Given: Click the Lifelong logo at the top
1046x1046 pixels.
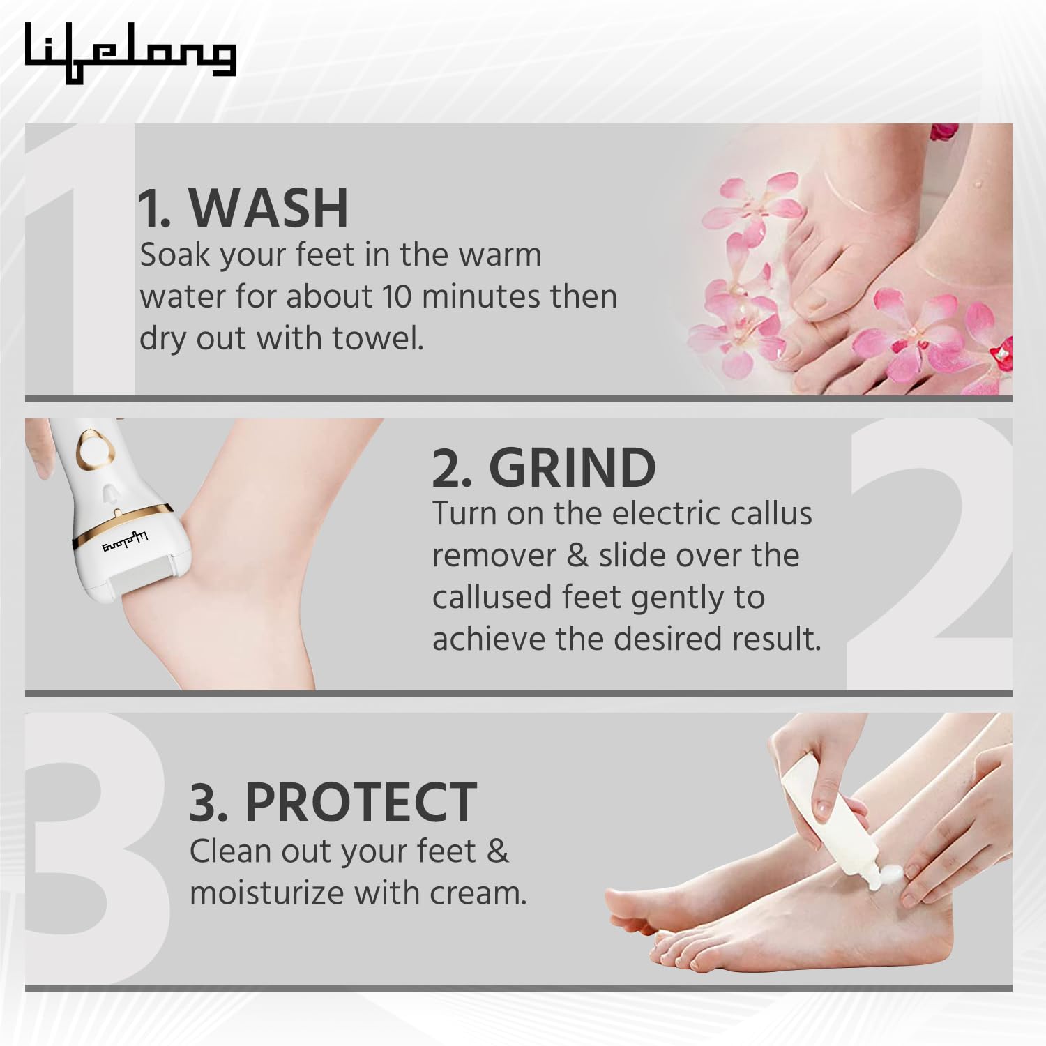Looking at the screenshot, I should pyautogui.click(x=130, y=52).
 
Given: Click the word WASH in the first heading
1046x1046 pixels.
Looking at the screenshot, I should pyautogui.click(x=268, y=208).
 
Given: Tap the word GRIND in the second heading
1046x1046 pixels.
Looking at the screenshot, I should pyautogui.click(x=572, y=468).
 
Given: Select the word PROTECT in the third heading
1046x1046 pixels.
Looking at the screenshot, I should pyautogui.click(x=361, y=803).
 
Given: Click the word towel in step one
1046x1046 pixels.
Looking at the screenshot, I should pyautogui.click(x=377, y=338).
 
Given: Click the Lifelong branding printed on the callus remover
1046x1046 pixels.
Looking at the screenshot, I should pyautogui.click(x=126, y=541).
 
